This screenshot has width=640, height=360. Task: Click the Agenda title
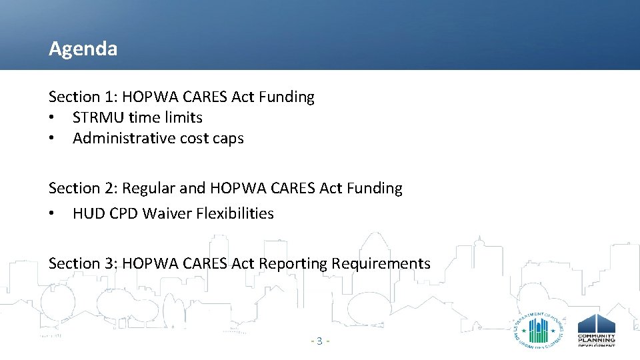(x=83, y=49)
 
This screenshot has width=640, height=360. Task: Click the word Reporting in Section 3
(x=293, y=264)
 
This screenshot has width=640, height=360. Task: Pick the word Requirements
(x=382, y=264)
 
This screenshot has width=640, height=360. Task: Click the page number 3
(x=319, y=341)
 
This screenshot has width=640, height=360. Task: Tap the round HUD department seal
(x=539, y=329)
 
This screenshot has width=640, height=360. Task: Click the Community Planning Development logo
(x=596, y=330)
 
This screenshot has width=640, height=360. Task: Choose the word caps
(x=229, y=139)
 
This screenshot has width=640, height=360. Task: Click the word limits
(x=185, y=118)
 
